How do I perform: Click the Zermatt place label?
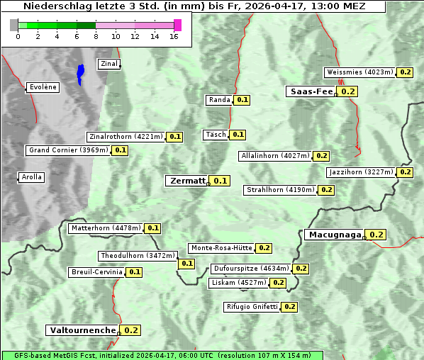(187, 181)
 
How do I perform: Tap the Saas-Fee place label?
(311, 91)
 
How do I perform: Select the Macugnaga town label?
(334, 235)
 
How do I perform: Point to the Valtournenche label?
(82, 330)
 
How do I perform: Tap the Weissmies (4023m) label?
(360, 72)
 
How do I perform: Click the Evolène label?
(43, 87)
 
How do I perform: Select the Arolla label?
(31, 177)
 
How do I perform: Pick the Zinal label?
(108, 64)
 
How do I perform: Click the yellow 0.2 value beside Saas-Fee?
(347, 91)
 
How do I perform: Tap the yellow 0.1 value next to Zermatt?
(221, 181)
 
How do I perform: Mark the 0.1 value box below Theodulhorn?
(186, 264)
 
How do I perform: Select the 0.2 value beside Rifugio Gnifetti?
(289, 307)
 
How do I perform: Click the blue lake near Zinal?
(80, 74)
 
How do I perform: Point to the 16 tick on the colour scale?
(173, 36)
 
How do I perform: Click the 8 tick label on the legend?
(96, 36)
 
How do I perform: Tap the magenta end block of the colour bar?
(177, 26)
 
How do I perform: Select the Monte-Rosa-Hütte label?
(221, 248)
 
